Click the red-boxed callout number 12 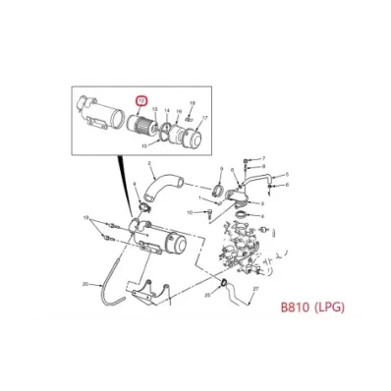pyautogui.click(x=141, y=101)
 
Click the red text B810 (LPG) pyautogui.click(x=313, y=306)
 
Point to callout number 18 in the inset pyautogui.click(x=193, y=103)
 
